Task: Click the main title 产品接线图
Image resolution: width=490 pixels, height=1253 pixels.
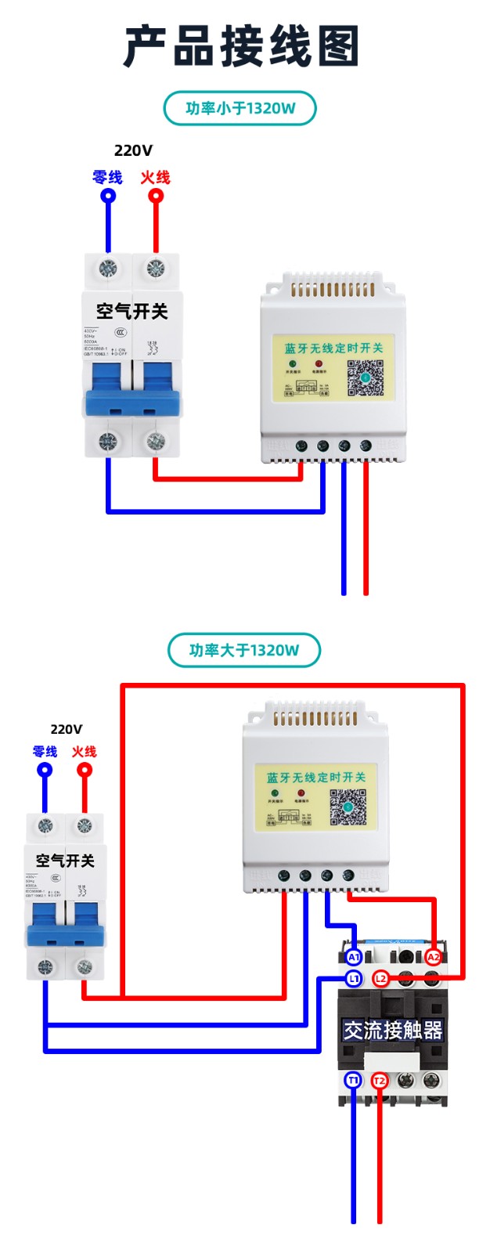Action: click(x=242, y=45)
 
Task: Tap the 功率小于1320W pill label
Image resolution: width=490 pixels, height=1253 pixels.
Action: click(x=240, y=108)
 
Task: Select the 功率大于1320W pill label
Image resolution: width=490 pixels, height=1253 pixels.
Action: click(x=244, y=650)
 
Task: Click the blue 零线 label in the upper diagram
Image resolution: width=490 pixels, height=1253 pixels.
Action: click(x=107, y=178)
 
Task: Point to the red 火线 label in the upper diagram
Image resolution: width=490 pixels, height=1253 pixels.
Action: click(x=155, y=178)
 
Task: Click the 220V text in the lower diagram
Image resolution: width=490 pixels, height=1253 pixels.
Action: click(x=66, y=729)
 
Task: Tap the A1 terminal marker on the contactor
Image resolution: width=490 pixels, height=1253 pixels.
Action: click(x=354, y=957)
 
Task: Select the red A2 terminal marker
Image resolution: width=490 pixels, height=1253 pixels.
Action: click(x=433, y=957)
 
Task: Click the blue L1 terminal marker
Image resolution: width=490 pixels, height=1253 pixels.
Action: click(x=354, y=979)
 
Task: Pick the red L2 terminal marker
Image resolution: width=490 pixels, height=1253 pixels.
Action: click(x=380, y=979)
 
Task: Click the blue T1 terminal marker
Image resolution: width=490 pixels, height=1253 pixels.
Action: click(x=353, y=1081)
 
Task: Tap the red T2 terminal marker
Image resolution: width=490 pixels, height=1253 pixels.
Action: click(x=380, y=1081)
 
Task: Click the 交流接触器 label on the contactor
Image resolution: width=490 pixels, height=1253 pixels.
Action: click(x=393, y=1030)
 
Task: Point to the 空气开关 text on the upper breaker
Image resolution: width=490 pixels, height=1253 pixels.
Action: click(x=132, y=312)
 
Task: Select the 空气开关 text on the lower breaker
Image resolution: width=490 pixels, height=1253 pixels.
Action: click(x=65, y=861)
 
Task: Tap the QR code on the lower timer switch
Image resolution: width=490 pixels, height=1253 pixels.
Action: click(x=348, y=807)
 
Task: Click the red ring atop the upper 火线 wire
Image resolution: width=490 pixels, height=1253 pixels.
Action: click(x=156, y=196)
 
